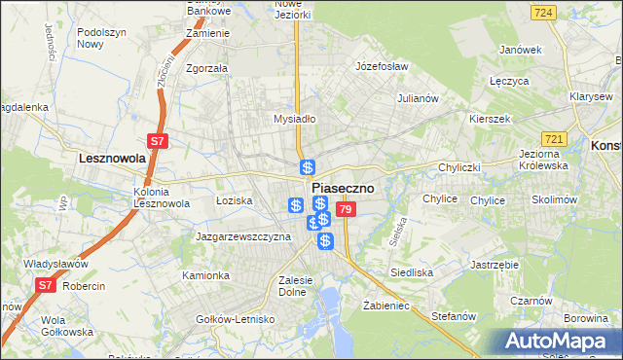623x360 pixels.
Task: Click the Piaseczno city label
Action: click(x=342, y=189)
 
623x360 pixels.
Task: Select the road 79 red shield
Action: click(x=345, y=209)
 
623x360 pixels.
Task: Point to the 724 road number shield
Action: click(x=544, y=13)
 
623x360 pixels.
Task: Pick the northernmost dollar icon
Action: click(x=308, y=167)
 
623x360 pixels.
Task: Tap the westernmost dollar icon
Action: click(x=296, y=205)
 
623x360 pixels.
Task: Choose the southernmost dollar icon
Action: click(x=325, y=239)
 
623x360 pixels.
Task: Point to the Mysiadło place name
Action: click(x=295, y=119)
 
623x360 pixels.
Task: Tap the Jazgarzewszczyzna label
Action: click(x=243, y=236)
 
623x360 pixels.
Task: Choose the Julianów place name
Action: click(x=421, y=98)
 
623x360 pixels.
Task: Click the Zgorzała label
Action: click(x=206, y=68)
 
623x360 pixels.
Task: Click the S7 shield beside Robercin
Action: click(x=45, y=285)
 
